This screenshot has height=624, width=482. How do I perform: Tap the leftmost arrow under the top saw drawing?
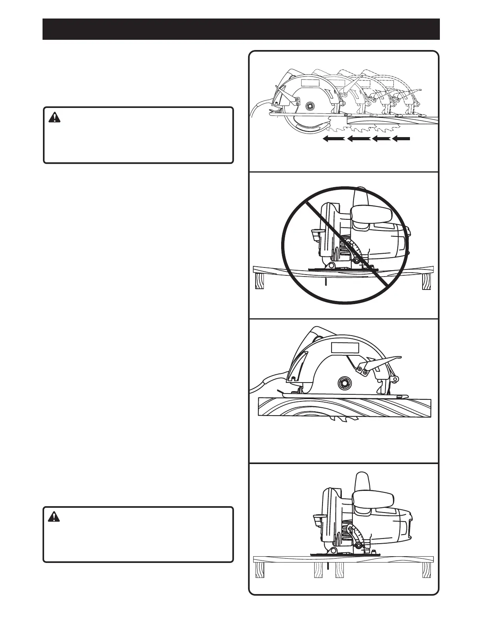pos(334,138)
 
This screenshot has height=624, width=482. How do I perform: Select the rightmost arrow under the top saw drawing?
pos(401,138)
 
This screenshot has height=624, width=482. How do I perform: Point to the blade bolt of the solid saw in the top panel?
pos(309,106)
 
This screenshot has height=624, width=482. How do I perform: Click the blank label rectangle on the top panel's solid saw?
pos(310,84)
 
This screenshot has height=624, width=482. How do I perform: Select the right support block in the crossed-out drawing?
pos(426,282)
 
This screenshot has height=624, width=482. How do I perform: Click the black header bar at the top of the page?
pos(241,29)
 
